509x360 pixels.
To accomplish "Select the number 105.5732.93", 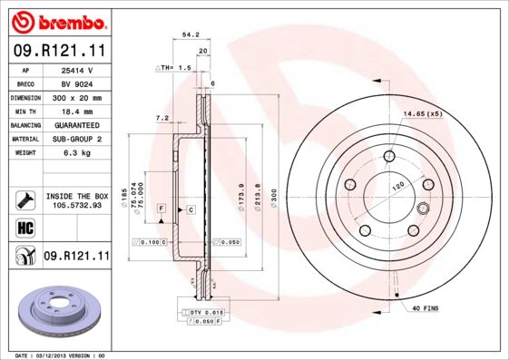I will pos(76,205).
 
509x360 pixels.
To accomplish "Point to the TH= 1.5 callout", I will pos(176,68).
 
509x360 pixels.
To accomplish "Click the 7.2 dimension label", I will pos(163,118).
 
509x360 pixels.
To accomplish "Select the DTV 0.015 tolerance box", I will pos(203,312).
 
